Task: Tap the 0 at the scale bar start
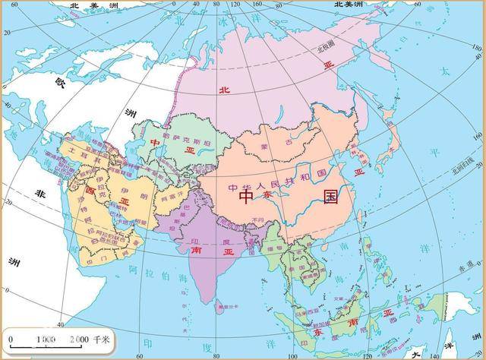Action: pos(11,337)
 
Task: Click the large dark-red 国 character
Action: pos(331,197)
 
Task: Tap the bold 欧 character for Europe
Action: pos(61,81)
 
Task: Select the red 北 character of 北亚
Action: pos(223,90)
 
